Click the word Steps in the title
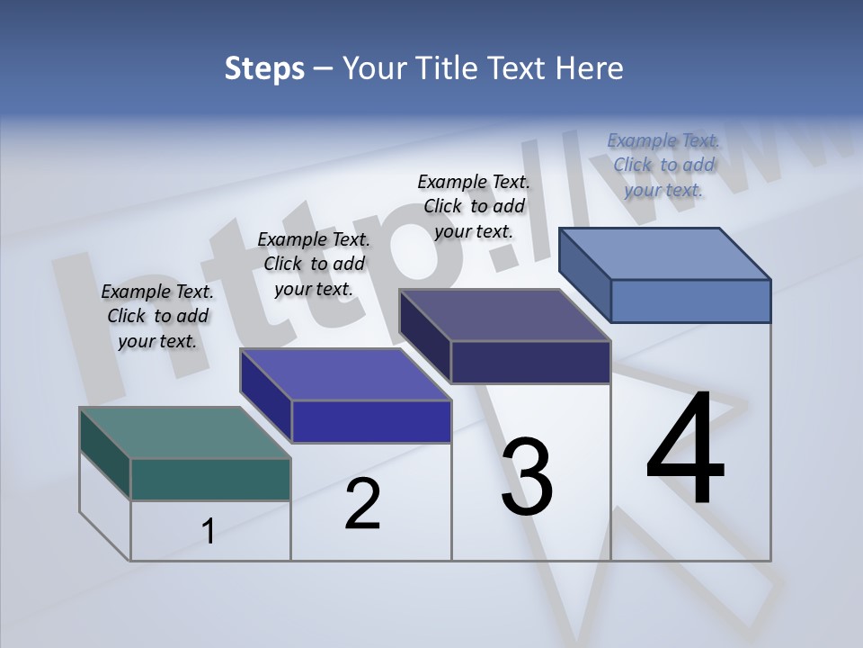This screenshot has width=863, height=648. pos(264,68)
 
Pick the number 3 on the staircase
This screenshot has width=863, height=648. pos(527,477)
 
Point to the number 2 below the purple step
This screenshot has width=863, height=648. pos(362,504)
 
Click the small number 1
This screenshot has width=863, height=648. pos(208,532)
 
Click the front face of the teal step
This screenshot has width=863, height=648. pos(210,479)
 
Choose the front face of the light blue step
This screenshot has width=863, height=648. pos(690,301)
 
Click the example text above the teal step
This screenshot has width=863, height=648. pos(157,316)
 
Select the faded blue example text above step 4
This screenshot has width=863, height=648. pos(663,165)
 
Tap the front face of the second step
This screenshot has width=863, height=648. pos(371,421)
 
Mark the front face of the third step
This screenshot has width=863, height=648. pos(530,362)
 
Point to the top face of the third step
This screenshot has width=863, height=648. pos(505,315)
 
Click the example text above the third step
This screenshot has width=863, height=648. pos(474,206)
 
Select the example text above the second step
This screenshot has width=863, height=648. pos(314,264)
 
